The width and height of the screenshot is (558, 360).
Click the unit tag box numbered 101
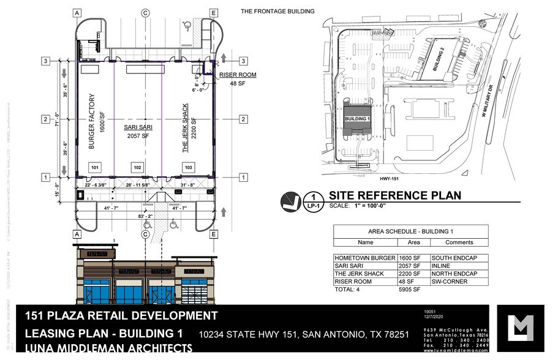94,167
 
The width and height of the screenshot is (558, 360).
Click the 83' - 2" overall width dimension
146,216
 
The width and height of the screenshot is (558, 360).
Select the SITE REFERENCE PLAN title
395,195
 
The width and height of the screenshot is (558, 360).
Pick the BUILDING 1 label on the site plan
357,118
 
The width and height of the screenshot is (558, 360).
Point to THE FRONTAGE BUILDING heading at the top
277,11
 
